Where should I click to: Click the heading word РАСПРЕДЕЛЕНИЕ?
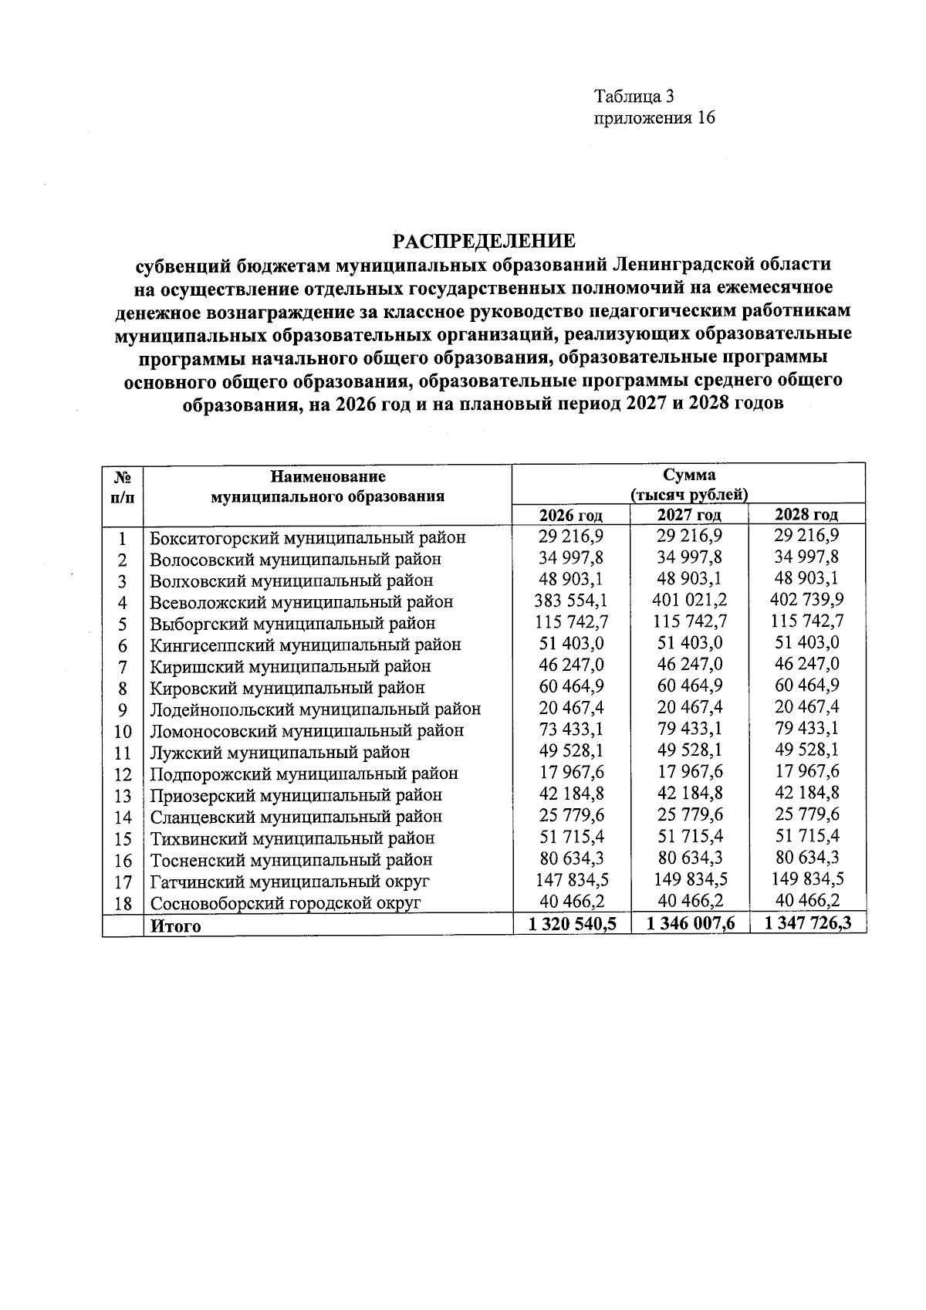(485, 241)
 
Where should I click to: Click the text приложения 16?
(654, 118)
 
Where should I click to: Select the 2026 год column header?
(571, 515)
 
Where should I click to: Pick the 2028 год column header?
(806, 515)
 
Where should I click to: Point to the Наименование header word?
(327, 476)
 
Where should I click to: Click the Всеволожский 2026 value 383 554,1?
(571, 601)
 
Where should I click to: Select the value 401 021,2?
(689, 600)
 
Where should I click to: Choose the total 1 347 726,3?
(807, 922)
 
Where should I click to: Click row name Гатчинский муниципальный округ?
(289, 882)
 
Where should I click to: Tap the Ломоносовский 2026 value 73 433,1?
(571, 729)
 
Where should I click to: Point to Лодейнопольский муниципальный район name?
(315, 709)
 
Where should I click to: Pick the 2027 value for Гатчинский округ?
(689, 879)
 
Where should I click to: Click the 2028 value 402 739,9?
(807, 599)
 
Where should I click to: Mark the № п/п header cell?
(123, 487)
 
